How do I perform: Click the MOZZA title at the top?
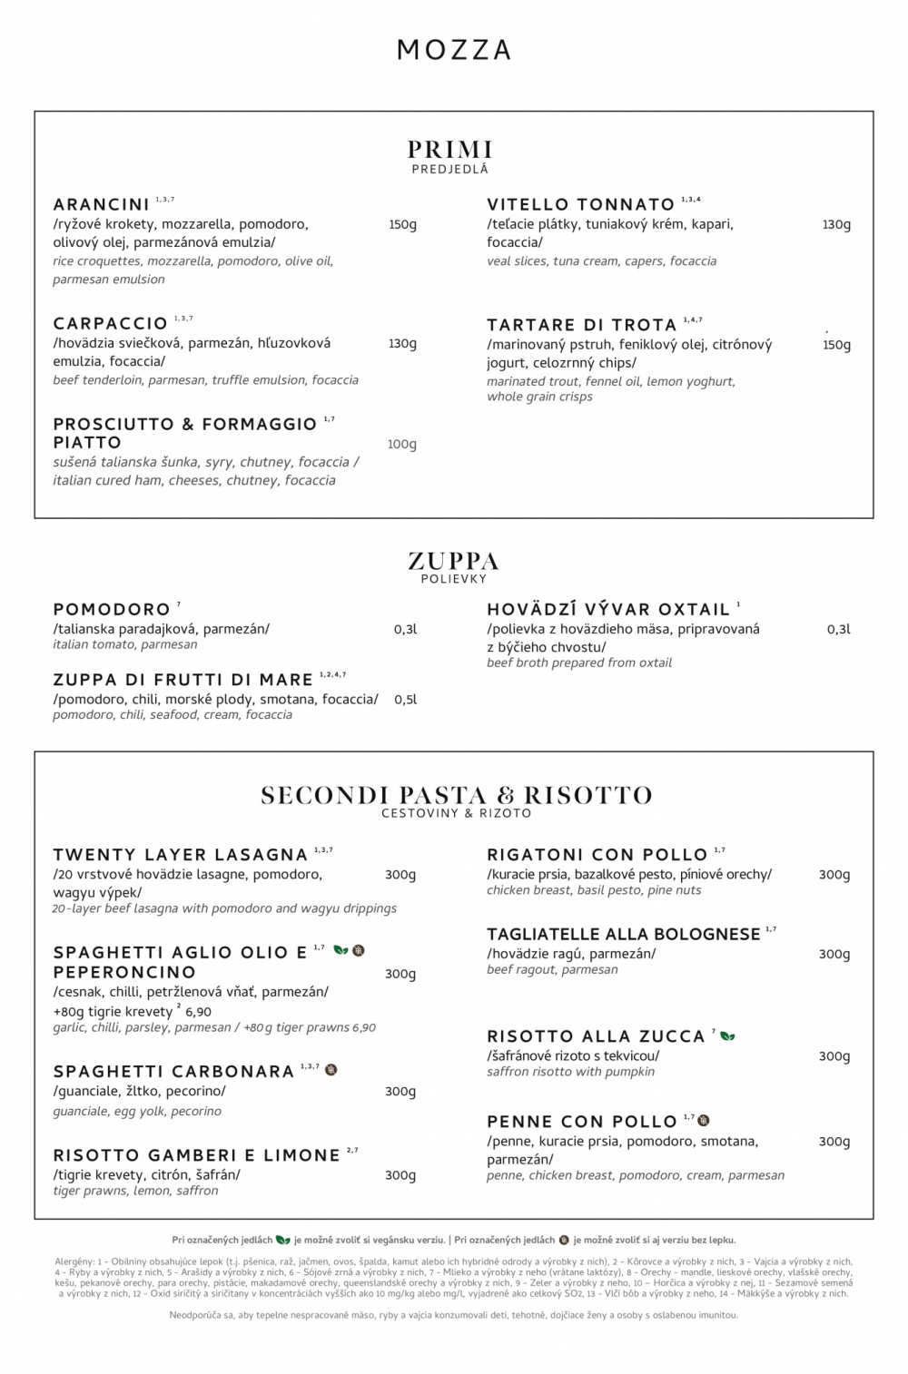coord(454,50)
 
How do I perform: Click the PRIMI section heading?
coord(450,149)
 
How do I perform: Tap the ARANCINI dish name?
coord(102,204)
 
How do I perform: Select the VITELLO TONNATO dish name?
coord(581,204)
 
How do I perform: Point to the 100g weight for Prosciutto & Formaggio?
coord(401,444)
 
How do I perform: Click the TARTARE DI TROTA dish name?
coord(582,325)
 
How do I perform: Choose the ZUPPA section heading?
coord(454,560)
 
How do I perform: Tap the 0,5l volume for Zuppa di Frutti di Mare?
coord(405,700)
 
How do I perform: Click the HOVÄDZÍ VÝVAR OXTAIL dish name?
coord(608,609)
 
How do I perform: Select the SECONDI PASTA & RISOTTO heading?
coord(457,795)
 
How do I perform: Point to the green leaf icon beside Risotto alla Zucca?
coord(728,1035)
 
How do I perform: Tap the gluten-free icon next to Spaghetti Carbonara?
coord(331,1070)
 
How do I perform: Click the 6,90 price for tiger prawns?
coord(199,1011)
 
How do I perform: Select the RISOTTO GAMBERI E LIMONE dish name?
coord(197,1155)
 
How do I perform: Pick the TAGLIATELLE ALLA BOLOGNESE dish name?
coord(624,935)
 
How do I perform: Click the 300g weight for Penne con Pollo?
coord(834,1141)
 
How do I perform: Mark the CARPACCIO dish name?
coord(111,324)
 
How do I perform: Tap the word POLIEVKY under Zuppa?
coord(454,579)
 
